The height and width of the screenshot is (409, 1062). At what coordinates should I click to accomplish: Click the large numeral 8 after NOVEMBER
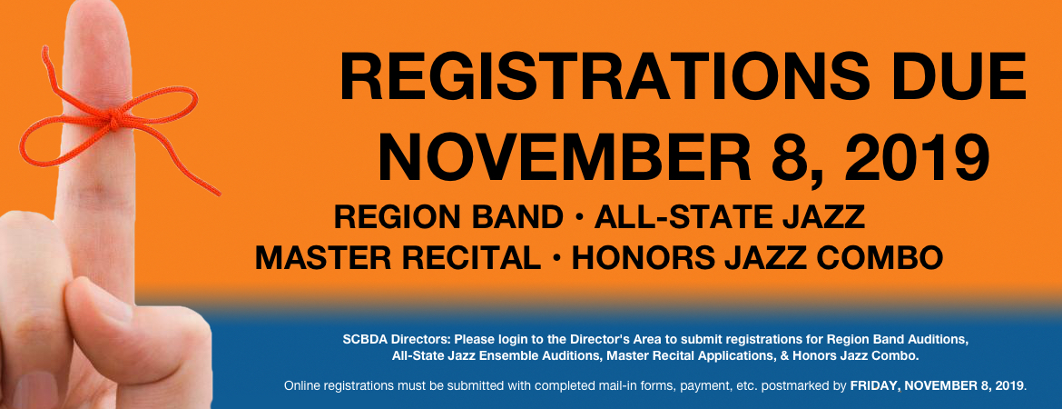coord(792,159)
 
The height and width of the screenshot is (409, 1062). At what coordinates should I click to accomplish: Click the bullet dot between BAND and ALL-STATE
coord(578,218)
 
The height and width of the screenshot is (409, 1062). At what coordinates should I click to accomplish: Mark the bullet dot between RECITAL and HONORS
coord(556,258)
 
